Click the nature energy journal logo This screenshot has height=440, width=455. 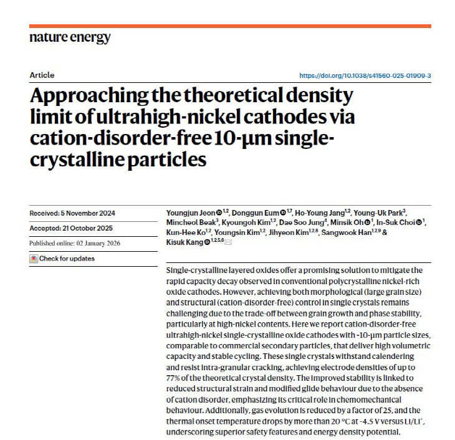[70, 37]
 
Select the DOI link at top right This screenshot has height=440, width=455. [365, 75]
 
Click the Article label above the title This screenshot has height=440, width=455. [42, 75]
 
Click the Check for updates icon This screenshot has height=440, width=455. [34, 258]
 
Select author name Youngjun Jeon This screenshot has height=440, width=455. [191, 213]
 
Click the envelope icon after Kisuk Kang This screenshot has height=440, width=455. [228, 242]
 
